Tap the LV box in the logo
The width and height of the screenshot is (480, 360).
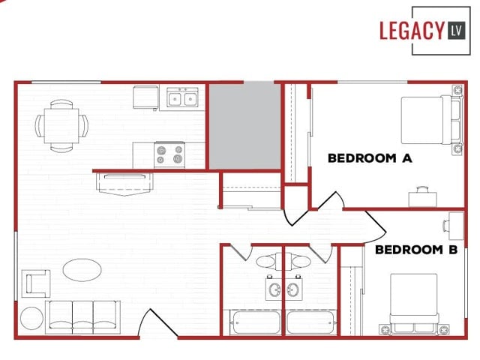click(456, 31)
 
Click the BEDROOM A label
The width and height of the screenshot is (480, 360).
click(370, 158)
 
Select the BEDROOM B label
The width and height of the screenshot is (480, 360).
click(416, 250)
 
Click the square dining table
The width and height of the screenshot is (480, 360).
click(61, 125)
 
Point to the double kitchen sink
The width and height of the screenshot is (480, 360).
click(182, 98)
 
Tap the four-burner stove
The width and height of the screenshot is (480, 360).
click(169, 155)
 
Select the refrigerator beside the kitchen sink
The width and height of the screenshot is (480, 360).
click(145, 97)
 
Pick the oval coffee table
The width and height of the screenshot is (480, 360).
click(82, 269)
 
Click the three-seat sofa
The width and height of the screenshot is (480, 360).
click(82, 316)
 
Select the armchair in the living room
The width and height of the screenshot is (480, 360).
click(36, 283)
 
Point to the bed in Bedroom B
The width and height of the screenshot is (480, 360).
click(414, 300)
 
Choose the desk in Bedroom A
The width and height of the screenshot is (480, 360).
click(422, 197)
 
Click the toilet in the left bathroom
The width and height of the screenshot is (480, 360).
click(266, 262)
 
